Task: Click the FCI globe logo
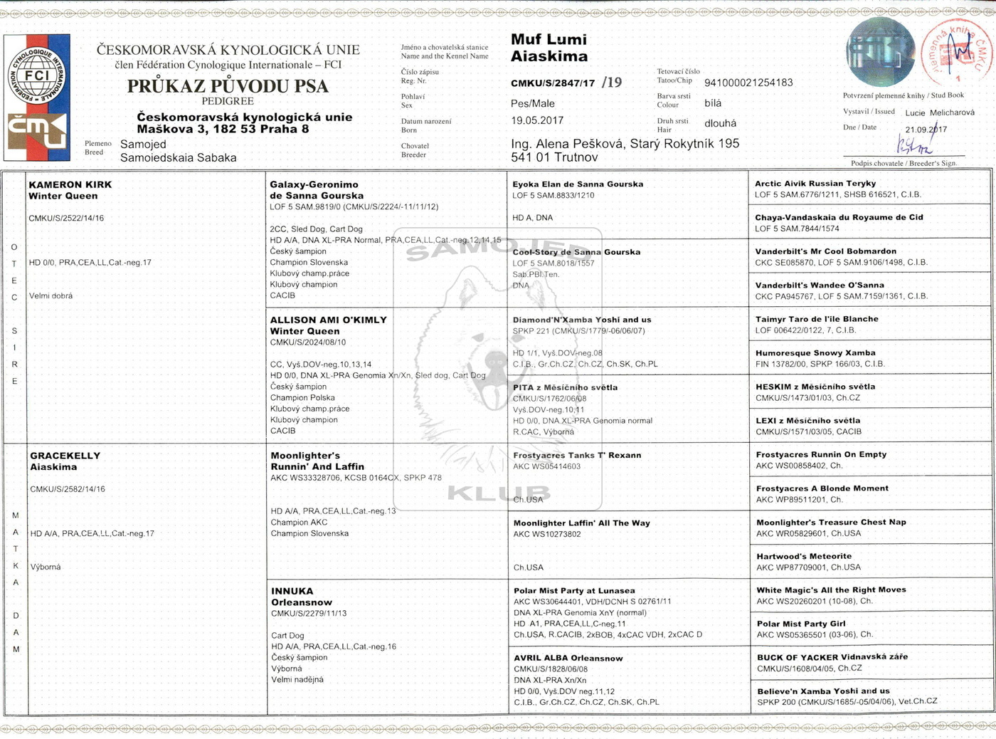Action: tap(37, 74)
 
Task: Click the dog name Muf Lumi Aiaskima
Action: tap(549, 48)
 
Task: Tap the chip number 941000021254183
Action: tap(748, 83)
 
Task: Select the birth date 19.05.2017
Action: tap(537, 121)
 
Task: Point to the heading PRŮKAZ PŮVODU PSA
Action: tap(228, 86)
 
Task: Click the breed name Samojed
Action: tap(143, 145)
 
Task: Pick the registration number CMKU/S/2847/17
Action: tap(553, 83)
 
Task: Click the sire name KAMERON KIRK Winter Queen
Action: tap(70, 190)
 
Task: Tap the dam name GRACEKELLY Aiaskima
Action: tap(65, 461)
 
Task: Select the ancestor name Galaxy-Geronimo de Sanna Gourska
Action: tap(317, 190)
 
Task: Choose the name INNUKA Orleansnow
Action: tap(301, 597)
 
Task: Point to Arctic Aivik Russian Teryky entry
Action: tap(815, 184)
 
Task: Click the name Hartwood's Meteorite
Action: tap(804, 557)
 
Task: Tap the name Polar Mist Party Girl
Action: tap(801, 624)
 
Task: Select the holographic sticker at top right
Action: tap(880, 52)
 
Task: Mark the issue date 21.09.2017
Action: tap(926, 130)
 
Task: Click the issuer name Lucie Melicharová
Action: tap(940, 112)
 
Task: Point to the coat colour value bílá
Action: tap(713, 103)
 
